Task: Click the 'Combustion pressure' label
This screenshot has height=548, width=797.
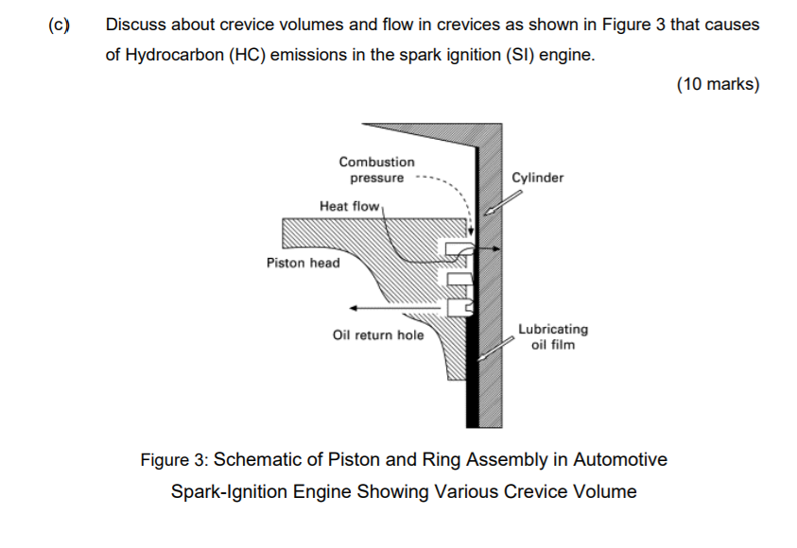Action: (376, 170)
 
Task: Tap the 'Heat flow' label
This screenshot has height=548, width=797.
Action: (349, 206)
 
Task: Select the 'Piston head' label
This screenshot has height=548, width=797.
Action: (303, 263)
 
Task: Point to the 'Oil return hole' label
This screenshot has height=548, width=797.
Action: (378, 335)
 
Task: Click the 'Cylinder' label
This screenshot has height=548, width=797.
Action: (537, 178)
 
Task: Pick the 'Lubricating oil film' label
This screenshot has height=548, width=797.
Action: (553, 336)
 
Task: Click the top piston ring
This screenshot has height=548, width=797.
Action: (459, 248)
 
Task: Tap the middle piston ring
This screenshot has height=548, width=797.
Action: (459, 279)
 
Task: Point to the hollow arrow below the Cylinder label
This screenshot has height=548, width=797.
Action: (503, 202)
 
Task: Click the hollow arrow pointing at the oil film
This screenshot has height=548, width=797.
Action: (495, 349)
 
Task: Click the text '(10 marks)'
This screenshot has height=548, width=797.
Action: (718, 84)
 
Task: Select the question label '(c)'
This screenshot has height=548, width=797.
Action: (59, 25)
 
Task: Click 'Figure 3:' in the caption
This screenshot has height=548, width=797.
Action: (174, 459)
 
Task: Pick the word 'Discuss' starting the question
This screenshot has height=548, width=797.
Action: (136, 25)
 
